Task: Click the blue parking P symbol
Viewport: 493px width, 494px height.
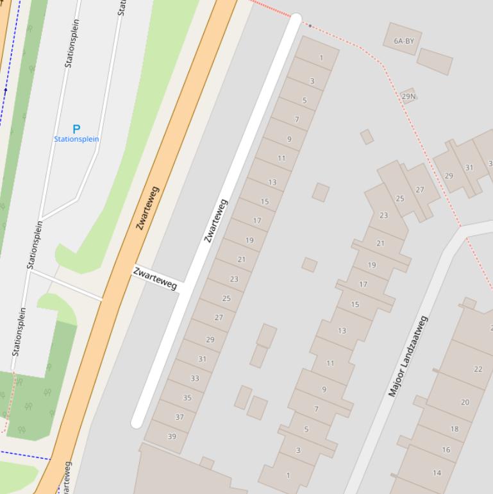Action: (x=76, y=129)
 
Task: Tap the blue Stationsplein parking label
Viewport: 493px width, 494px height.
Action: (x=76, y=139)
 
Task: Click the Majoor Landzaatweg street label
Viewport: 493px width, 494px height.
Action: (x=408, y=356)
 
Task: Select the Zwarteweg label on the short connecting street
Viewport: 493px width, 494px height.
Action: (x=155, y=278)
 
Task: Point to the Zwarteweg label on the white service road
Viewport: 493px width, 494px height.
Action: (x=216, y=221)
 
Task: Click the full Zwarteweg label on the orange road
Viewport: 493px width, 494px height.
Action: (x=147, y=208)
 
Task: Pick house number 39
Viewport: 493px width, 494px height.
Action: (x=172, y=436)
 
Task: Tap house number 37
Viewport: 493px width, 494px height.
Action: (x=180, y=417)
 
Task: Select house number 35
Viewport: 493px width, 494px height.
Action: (x=187, y=398)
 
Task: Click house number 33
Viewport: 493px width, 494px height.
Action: (x=195, y=379)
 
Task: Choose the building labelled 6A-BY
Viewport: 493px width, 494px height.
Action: (x=404, y=41)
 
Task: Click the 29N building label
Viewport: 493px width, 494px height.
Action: (x=408, y=96)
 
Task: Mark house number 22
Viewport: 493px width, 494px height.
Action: (x=478, y=369)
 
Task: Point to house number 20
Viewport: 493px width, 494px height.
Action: (x=465, y=402)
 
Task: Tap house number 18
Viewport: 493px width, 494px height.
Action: (x=455, y=429)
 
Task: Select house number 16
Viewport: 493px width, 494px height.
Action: (x=446, y=450)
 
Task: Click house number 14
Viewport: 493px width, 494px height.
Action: (x=437, y=473)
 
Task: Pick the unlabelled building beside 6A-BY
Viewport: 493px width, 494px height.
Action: (x=435, y=62)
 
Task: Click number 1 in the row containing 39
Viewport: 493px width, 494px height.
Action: (x=321, y=58)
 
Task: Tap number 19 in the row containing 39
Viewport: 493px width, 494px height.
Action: (x=249, y=241)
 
